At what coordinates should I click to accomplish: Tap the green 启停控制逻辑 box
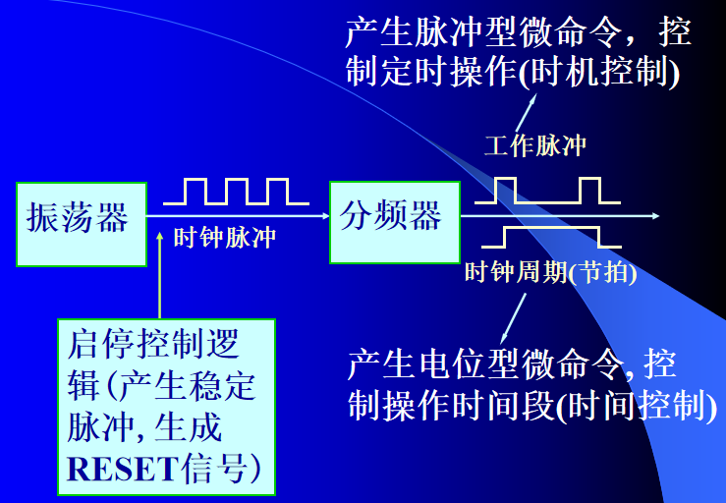[166, 405]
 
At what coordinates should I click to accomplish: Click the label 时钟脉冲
[224, 238]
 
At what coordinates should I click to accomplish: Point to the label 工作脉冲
[535, 147]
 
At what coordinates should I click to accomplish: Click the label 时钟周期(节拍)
[550, 272]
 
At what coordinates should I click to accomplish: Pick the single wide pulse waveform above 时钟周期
[550, 237]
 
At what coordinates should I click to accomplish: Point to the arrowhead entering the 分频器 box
[323, 216]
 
